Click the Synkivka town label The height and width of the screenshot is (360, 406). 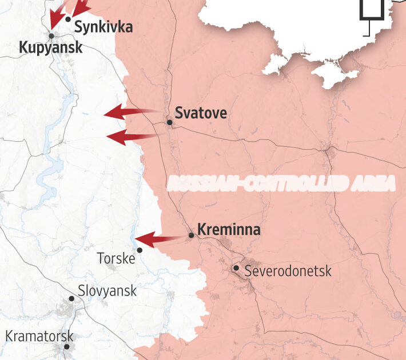point(104,26)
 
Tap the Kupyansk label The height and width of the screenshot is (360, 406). point(51,47)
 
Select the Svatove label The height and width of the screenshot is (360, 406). point(200,113)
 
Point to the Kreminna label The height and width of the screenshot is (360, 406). point(229,230)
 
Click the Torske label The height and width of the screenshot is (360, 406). point(116,258)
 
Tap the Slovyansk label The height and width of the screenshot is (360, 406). point(108,291)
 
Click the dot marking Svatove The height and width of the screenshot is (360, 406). point(169,122)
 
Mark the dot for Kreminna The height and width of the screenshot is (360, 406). point(192,235)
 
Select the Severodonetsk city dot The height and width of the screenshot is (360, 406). point(236,267)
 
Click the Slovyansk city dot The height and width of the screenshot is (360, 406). point(71,298)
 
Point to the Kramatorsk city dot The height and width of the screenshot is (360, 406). point(67,346)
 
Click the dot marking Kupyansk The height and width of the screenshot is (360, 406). point(51,35)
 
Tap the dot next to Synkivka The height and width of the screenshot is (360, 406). point(68,19)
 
